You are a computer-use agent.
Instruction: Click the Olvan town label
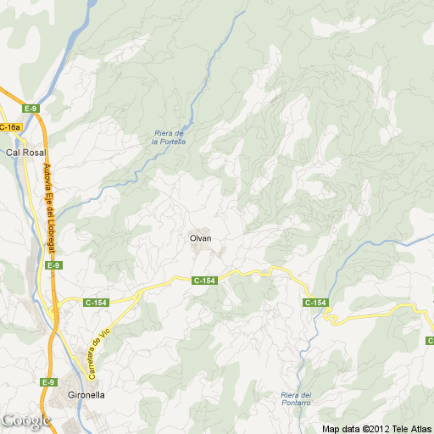200,238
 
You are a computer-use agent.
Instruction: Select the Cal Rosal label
25,153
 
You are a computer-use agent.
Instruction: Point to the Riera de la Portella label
168,136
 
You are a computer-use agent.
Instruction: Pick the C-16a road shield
9,127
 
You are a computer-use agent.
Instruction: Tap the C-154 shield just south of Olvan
205,280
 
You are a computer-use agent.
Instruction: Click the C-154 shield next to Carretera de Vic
97,301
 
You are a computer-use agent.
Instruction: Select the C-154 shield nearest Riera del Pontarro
315,303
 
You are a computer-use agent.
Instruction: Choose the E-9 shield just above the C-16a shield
31,108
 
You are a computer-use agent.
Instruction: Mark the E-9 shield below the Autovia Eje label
53,265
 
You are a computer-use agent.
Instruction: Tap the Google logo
25,420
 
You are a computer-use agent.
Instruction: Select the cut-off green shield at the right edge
430,340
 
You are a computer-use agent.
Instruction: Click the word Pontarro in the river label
296,405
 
